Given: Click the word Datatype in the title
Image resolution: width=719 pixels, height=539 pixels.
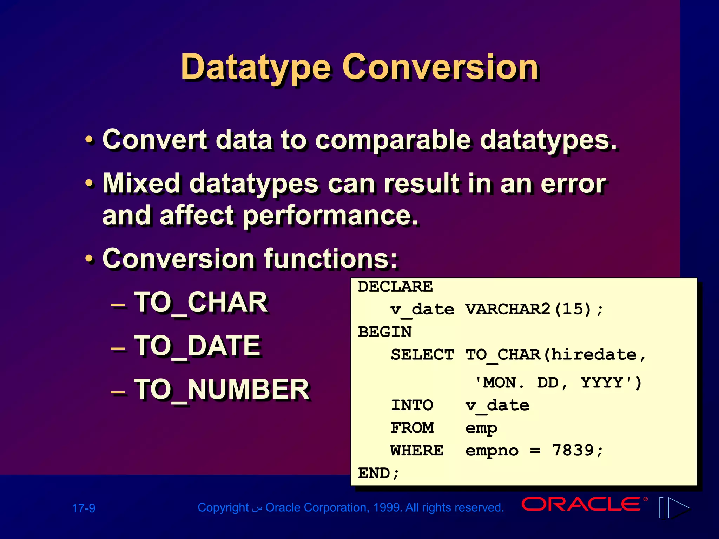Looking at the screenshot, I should click(256, 67).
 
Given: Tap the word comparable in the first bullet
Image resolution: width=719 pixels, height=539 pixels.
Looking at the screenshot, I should click(393, 140).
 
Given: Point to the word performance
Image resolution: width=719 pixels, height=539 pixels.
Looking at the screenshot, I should click(330, 216).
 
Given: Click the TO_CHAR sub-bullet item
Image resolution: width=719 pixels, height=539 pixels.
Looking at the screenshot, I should click(201, 302).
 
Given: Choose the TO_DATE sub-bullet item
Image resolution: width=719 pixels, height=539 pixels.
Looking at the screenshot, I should click(197, 346).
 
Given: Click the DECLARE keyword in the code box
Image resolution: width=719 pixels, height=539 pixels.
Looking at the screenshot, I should click(395, 287).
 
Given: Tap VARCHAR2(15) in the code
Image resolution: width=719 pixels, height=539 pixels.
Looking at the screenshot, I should click(529, 309).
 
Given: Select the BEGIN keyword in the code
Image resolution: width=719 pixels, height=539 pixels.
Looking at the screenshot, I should click(385, 332).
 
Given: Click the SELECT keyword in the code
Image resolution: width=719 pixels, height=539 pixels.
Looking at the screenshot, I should click(422, 355).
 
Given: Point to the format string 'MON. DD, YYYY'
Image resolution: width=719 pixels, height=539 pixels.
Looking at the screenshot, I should click(558, 382).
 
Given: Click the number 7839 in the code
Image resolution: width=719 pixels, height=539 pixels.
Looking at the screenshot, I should click(573, 450).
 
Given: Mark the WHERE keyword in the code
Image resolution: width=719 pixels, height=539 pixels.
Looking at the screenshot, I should click(417, 451).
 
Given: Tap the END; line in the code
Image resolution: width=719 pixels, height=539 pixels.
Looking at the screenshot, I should click(378, 473).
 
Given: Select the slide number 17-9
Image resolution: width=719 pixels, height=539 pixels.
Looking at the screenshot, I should click(84, 508).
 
